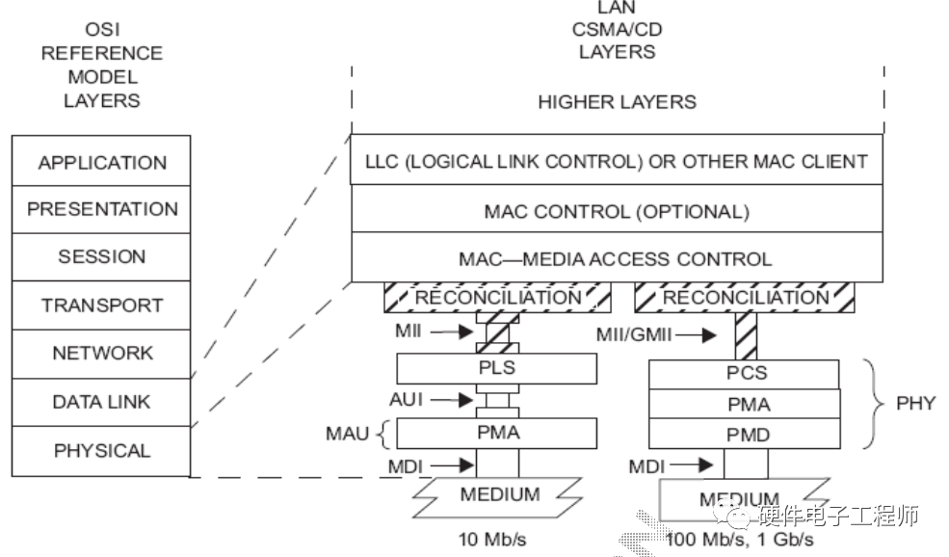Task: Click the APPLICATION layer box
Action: [101, 162]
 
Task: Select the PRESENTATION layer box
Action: [101, 209]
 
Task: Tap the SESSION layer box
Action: [101, 257]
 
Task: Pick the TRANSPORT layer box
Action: [101, 305]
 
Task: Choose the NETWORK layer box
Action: [101, 354]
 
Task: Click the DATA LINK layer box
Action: [101, 402]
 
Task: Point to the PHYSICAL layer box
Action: [101, 450]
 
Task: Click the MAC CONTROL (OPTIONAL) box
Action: [617, 211]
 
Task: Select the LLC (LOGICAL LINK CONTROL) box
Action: [617, 161]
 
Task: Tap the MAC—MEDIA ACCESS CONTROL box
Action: [617, 258]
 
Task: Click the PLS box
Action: [496, 368]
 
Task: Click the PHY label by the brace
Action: [914, 403]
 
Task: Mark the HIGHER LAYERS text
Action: [617, 101]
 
